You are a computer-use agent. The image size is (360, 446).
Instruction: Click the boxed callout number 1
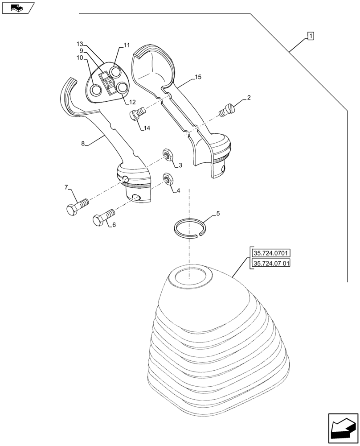click(310, 36)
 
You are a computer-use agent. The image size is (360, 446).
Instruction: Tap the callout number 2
click(249, 98)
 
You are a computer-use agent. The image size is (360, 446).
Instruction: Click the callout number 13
click(80, 44)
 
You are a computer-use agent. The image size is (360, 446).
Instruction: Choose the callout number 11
click(127, 45)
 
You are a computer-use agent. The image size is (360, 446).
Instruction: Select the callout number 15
click(198, 77)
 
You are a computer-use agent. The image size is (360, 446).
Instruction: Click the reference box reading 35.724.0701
click(271, 253)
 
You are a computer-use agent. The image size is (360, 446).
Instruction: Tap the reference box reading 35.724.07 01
click(271, 263)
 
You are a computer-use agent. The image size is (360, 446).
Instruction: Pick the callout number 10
click(80, 58)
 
